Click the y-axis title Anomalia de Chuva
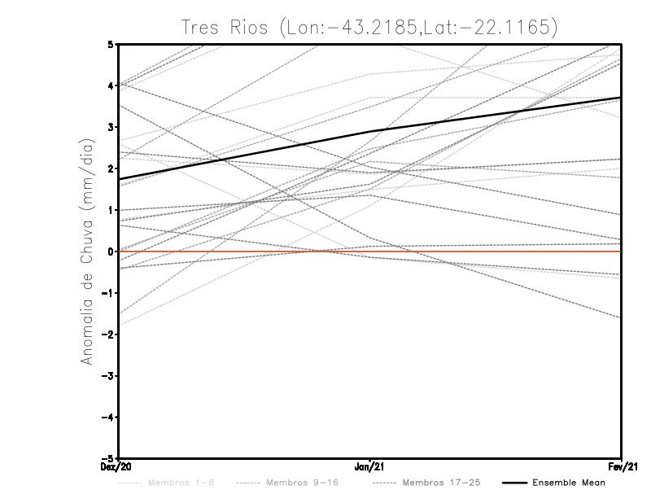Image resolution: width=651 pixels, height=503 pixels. (85, 252)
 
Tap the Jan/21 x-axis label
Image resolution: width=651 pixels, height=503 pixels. (370, 466)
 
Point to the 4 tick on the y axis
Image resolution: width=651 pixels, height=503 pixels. (111, 85)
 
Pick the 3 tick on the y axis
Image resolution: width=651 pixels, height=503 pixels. (111, 127)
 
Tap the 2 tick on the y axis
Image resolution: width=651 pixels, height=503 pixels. (111, 168)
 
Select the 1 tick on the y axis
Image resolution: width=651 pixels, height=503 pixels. (111, 210)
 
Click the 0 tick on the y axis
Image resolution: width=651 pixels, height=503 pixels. (111, 251)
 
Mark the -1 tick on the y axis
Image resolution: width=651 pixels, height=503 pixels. (108, 293)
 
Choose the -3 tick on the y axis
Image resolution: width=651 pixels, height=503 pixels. (108, 376)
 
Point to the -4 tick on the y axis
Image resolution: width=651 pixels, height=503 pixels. (108, 418)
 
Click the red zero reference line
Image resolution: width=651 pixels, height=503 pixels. (488, 251)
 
